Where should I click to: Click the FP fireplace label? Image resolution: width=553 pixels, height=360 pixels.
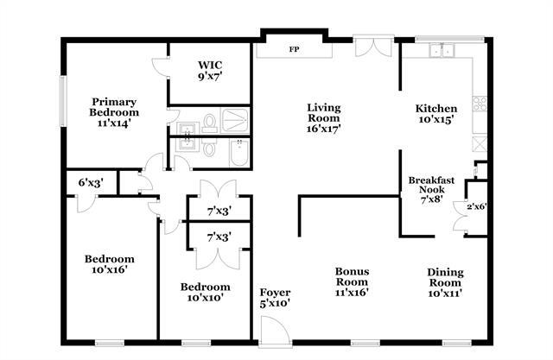pyautogui.click(x=294, y=49)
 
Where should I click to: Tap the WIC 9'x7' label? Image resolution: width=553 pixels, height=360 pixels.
pyautogui.click(x=210, y=71)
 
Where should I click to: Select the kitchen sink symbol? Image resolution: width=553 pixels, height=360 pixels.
pyautogui.click(x=442, y=51)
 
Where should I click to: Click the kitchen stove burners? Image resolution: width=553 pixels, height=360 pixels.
pyautogui.click(x=480, y=104)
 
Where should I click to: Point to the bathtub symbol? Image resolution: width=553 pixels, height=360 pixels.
pyautogui.click(x=239, y=153)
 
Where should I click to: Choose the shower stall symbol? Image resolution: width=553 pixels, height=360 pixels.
pyautogui.click(x=234, y=121)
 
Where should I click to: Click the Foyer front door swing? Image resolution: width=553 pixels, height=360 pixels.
pyautogui.click(x=275, y=330)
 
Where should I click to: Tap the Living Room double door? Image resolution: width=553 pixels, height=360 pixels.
pyautogui.click(x=373, y=46)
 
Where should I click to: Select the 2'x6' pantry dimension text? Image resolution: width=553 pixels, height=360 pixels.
pyautogui.click(x=477, y=207)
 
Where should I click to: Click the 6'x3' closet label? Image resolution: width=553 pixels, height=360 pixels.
pyautogui.click(x=91, y=182)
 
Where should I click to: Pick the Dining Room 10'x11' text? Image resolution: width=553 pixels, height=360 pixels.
pyautogui.click(x=445, y=282)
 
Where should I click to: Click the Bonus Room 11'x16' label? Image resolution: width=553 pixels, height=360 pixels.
pyautogui.click(x=352, y=281)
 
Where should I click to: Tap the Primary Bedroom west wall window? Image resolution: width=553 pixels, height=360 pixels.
pyautogui.click(x=63, y=101)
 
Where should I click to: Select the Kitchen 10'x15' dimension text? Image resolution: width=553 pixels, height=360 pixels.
pyautogui.click(x=435, y=119)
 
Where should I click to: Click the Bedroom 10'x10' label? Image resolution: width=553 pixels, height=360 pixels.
pyautogui.click(x=206, y=293)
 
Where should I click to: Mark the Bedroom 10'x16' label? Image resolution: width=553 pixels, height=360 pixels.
pyautogui.click(x=110, y=264)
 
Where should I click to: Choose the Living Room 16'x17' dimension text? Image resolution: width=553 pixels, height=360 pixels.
pyautogui.click(x=323, y=129)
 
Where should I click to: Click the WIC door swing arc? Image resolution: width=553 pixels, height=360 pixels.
pyautogui.click(x=159, y=67)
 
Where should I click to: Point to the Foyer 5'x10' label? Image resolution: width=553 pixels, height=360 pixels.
pyautogui.click(x=275, y=298)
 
